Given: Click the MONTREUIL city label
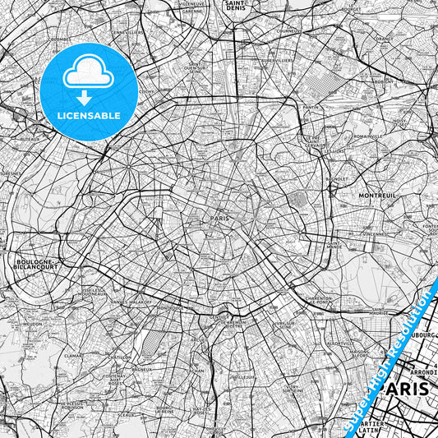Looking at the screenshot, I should (x=377, y=196).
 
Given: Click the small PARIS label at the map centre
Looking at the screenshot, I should (x=219, y=219).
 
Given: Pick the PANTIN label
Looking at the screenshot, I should (x=311, y=107).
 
